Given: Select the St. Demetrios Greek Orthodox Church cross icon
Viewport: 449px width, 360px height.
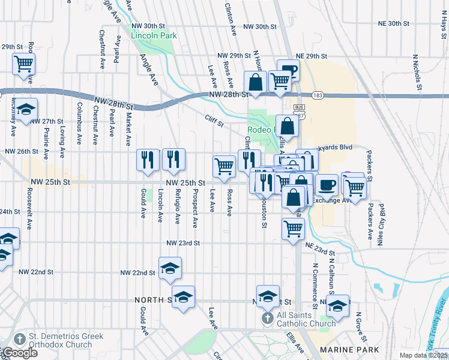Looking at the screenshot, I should tap(20, 339).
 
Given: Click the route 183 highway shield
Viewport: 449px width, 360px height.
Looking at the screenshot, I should tap(317, 95).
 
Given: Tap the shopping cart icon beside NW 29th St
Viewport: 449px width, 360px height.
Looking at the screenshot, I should tap(23, 63).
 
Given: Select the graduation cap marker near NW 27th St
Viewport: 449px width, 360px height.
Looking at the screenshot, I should tap(25, 110).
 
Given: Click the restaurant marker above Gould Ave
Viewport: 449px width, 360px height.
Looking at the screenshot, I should tap(148, 160).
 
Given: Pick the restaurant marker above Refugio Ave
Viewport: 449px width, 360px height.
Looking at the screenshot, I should tap(173, 160).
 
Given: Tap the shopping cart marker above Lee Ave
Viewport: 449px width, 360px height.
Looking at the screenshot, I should tap(224, 166).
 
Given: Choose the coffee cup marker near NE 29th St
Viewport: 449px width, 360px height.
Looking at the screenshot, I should tap(288, 70).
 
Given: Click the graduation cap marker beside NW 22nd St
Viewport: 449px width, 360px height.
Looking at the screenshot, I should tap(170, 268).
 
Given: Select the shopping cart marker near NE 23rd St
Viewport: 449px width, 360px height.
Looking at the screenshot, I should tap(293, 228).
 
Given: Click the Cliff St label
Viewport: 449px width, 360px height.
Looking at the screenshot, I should tap(213, 121).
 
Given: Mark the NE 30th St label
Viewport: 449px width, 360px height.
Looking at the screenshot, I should tap(394, 23).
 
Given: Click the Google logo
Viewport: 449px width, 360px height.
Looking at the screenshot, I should tap(20, 353).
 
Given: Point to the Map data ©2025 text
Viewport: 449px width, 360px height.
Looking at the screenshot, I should tap(425, 355).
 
